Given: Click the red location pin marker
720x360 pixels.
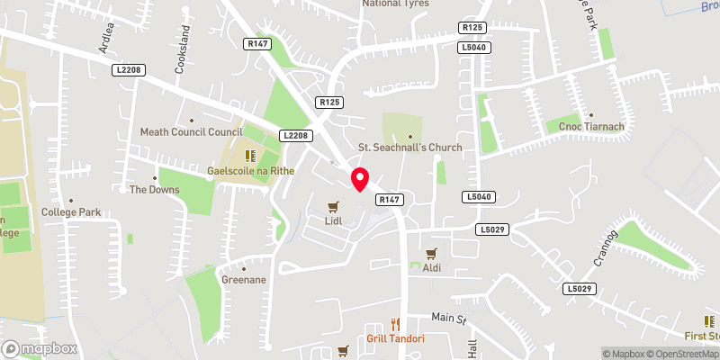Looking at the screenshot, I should click(x=359, y=178).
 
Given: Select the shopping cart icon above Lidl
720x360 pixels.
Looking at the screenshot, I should click(x=333, y=206).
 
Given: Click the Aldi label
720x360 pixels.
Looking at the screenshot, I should click(x=433, y=267).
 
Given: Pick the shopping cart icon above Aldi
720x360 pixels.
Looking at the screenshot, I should click(x=432, y=254).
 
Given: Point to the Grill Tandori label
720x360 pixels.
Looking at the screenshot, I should click(x=395, y=338).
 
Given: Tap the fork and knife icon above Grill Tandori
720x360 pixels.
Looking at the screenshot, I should click(x=395, y=325).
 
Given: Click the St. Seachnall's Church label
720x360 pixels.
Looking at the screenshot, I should click(x=409, y=148).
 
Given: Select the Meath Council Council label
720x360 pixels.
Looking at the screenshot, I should click(x=192, y=132).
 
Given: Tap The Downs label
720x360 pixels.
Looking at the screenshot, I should click(x=154, y=190).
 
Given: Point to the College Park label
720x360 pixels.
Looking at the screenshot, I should click(x=70, y=212).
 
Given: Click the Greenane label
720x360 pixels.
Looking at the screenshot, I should click(x=243, y=280).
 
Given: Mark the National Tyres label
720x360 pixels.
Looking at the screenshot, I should click(x=395, y=4).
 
